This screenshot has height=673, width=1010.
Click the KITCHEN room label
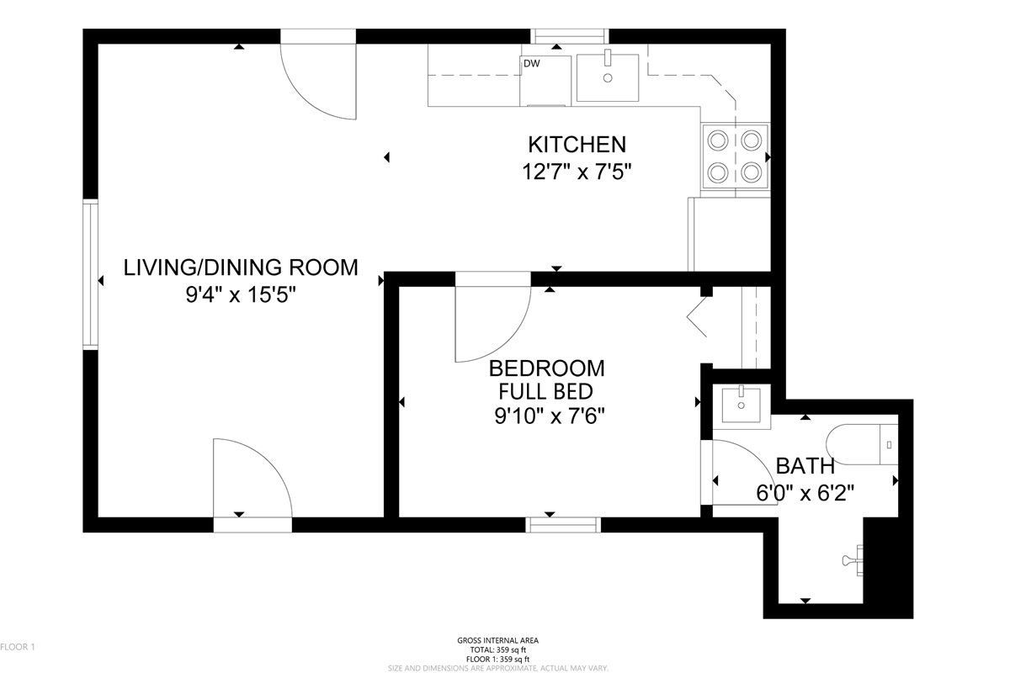pos(577,145)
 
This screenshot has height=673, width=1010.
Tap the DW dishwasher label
pos(532,64)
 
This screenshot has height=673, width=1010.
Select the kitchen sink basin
pos(608,78)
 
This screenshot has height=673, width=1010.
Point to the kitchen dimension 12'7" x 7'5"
pos(577,172)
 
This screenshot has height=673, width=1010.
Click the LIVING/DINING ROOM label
pos(241,268)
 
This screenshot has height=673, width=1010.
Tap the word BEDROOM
pos(546,368)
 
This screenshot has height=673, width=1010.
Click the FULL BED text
pos(545,391)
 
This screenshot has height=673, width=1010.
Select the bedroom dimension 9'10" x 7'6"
pos(549,416)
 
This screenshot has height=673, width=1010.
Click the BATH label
pos(805,466)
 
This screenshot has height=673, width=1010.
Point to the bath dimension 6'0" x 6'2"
pos(805,493)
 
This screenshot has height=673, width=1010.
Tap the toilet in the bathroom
pos(862,444)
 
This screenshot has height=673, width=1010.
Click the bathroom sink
pos(742,405)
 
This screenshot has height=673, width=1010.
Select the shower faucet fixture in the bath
pos(853,560)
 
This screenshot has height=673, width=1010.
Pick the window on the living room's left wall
pos(91,274)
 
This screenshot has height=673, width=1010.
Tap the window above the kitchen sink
pos(570,36)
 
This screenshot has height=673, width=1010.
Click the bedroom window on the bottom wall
pos(563,525)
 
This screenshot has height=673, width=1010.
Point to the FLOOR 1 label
pos(17,647)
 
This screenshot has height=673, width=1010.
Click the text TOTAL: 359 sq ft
pos(497,649)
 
